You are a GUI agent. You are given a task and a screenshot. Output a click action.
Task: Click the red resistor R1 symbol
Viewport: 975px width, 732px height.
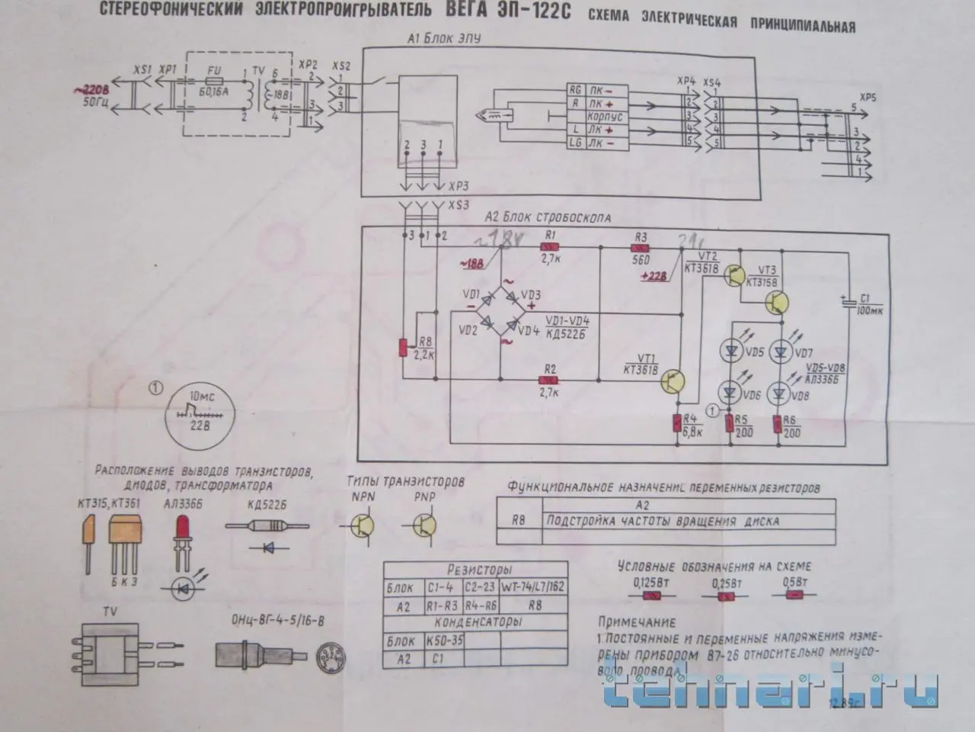click(x=548, y=247)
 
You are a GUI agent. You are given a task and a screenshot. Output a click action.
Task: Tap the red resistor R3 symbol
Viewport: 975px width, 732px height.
click(x=641, y=247)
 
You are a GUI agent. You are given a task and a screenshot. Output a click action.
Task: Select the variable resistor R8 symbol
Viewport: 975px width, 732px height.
click(x=404, y=347)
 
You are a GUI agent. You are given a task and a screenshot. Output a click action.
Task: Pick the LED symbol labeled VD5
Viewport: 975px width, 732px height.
click(x=731, y=351)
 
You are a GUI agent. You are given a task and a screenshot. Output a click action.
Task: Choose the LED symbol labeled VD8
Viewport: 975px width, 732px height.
click(x=778, y=394)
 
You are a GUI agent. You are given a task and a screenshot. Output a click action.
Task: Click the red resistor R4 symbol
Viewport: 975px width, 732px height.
click(x=677, y=423)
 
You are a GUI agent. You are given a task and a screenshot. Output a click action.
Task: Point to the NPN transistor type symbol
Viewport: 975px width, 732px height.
click(x=364, y=525)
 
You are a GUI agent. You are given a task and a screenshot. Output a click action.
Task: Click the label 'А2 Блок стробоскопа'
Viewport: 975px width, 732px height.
click(x=548, y=217)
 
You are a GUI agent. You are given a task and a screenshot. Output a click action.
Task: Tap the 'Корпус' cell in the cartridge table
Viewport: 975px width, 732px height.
click(x=605, y=117)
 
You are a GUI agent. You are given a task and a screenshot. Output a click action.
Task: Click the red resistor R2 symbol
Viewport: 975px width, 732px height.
click(x=548, y=379)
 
